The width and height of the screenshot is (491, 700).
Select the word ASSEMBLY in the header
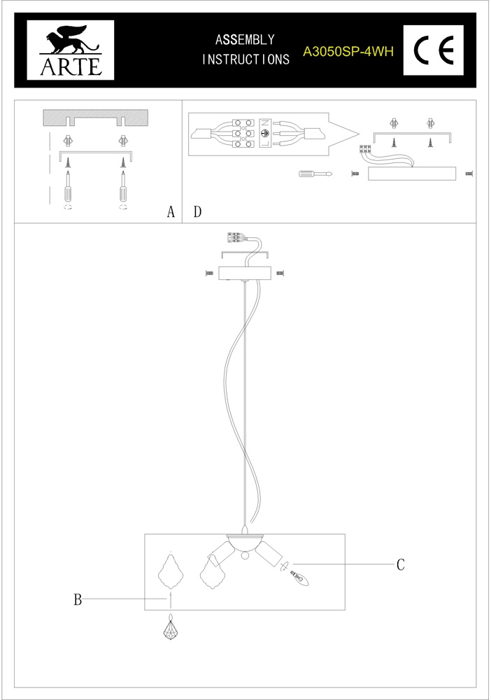[x=245, y=40]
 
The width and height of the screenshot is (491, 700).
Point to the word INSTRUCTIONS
[x=245, y=60]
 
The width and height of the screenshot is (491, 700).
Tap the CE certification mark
[x=433, y=50]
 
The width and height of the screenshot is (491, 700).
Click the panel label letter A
[x=170, y=212]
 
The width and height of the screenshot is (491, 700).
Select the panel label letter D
[x=197, y=212]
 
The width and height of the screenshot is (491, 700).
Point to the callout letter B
[x=78, y=599]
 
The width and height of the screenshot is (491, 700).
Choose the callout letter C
[x=401, y=564]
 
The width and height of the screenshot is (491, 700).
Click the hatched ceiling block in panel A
[x=97, y=117]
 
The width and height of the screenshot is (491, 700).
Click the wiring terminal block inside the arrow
[x=265, y=133]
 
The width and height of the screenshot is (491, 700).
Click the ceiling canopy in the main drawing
[x=245, y=273]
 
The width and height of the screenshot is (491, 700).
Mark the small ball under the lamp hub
[x=244, y=556]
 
